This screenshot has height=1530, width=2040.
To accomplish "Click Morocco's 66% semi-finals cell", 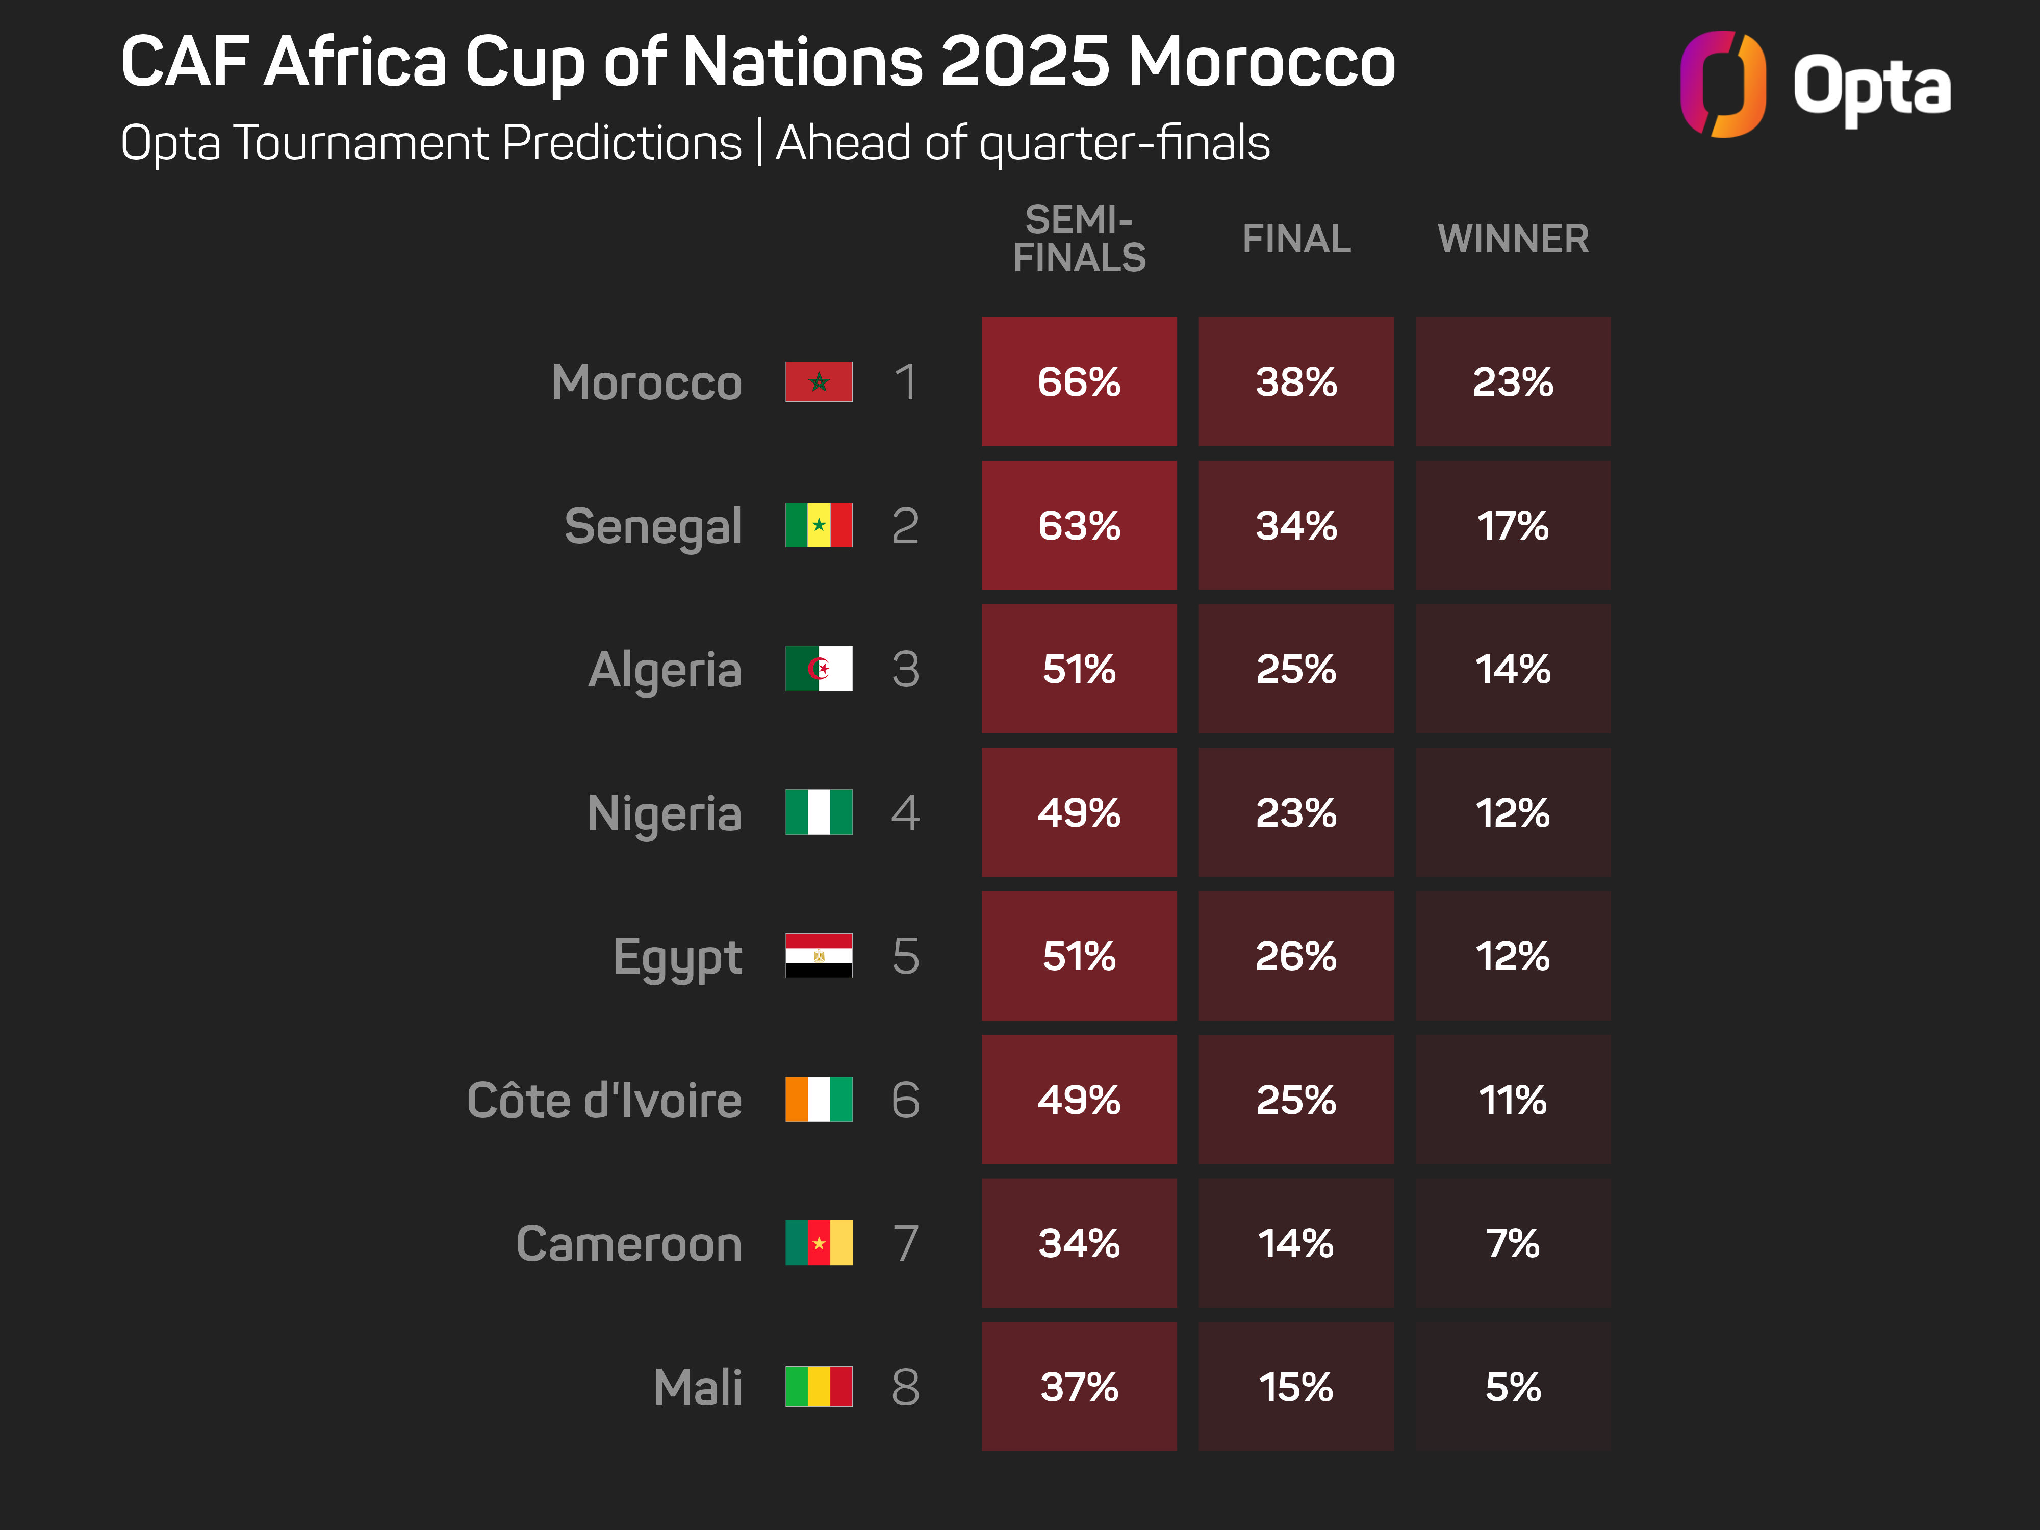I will click(x=1079, y=382).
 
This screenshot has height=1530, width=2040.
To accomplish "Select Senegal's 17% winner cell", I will click(x=1513, y=526).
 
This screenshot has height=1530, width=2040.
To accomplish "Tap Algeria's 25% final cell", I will click(x=1296, y=669).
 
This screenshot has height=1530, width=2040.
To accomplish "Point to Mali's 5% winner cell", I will click(x=1513, y=1386).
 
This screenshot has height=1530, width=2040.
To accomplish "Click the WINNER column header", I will click(x=1513, y=239).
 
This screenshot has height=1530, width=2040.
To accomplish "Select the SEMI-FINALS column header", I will click(x=1079, y=239).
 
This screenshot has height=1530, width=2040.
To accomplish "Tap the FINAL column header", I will click(x=1296, y=239).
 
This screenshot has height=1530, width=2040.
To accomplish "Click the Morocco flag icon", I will click(x=819, y=382).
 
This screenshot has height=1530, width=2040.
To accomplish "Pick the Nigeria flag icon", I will click(x=819, y=812).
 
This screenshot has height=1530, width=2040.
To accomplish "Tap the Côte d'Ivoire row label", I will click(x=604, y=1100).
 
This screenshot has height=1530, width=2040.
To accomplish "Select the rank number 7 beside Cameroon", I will click(x=906, y=1243).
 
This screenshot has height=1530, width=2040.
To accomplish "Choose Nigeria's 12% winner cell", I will click(x=1513, y=812).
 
